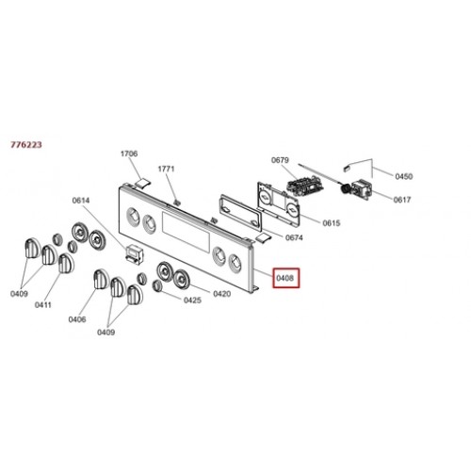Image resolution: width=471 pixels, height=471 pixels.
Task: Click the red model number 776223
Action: tap(26, 145)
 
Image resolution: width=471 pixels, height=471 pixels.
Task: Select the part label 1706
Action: tap(129, 154)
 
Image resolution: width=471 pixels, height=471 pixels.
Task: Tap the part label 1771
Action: tap(166, 169)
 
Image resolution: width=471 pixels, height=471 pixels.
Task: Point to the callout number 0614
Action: tap(81, 200)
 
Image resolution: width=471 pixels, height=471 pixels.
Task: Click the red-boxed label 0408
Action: tap(286, 278)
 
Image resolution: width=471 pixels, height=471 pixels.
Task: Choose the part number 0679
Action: tap(280, 160)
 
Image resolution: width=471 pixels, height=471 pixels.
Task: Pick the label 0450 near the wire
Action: tap(404, 176)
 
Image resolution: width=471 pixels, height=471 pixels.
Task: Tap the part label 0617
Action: tap(402, 200)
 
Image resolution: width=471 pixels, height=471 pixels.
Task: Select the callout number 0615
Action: tap(332, 223)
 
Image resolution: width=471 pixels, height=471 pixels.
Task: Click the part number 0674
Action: tap(294, 237)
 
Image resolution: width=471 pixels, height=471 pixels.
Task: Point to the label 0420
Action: tap(222, 294)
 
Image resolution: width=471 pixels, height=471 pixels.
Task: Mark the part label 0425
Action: tap(192, 300)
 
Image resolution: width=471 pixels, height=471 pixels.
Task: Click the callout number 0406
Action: tap(77, 319)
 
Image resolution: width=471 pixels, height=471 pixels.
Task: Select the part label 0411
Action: tap(43, 305)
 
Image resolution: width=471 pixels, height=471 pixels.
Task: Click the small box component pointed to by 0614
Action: tap(134, 253)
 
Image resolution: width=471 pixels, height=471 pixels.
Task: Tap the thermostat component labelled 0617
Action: tap(362, 189)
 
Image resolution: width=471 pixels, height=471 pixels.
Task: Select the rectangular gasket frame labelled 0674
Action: tap(241, 210)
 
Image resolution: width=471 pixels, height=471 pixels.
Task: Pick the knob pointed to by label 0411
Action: tap(65, 263)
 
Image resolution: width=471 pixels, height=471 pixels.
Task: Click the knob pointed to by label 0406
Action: tap(101, 279)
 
